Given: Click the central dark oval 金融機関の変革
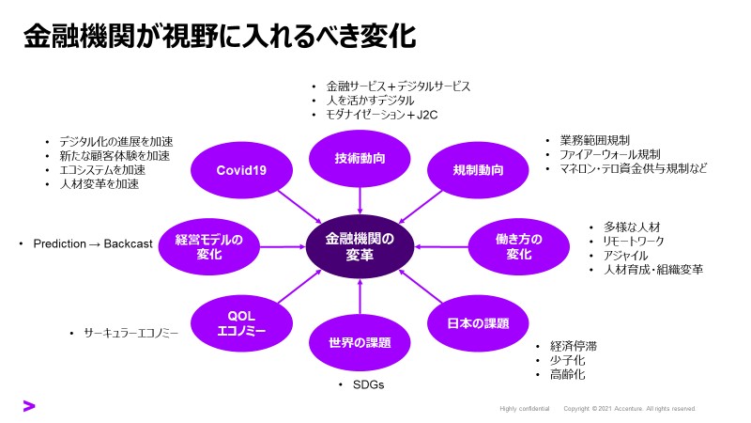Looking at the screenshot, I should pos(360,246).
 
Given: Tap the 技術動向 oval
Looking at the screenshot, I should pos(360,158).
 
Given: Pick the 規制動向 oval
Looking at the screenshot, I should pos(479,170).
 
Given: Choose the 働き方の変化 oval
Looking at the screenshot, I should pos(519,247).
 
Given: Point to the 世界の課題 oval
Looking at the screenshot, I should pos(360,342).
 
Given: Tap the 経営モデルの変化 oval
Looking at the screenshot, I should pos(208,247).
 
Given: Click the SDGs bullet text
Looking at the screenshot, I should pos(368,385).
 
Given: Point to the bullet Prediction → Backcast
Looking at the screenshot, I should pos(92,244).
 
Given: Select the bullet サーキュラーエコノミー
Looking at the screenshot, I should pos(130,333).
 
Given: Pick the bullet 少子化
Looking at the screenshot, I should pos(568,360).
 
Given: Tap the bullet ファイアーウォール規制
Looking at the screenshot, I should pos(610,154).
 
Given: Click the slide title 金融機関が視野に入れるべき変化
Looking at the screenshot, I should pos(221,38).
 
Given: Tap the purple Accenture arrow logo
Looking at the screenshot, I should pos(29,406).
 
